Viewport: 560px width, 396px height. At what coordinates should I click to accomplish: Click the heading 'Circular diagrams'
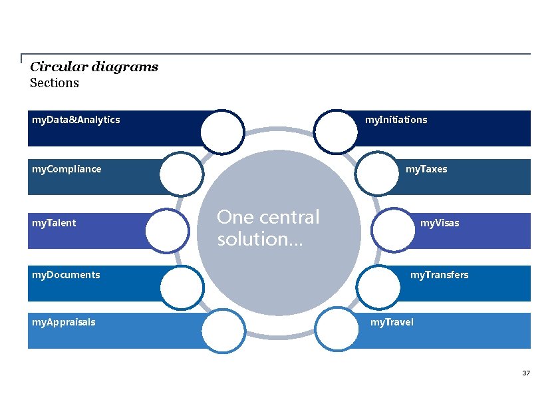click(94, 67)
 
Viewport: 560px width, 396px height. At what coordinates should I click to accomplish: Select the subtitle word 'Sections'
click(55, 83)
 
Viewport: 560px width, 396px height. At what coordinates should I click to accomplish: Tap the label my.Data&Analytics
click(76, 120)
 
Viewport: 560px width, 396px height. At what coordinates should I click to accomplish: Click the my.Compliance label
click(67, 169)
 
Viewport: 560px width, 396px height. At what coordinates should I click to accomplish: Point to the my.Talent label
click(54, 223)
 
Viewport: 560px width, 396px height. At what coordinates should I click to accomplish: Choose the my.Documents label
click(66, 275)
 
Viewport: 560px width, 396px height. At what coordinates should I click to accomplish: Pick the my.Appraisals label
click(63, 322)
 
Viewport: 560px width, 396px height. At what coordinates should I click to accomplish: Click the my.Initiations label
click(396, 120)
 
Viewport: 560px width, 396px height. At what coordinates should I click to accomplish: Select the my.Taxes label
click(426, 169)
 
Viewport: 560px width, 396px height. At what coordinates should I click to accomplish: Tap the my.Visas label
click(439, 223)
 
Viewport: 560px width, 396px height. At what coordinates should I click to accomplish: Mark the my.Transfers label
click(439, 275)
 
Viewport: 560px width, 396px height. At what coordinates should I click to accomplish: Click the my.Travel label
click(392, 322)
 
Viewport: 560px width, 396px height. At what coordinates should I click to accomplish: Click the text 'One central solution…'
click(268, 228)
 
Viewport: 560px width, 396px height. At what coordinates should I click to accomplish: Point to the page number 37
click(526, 373)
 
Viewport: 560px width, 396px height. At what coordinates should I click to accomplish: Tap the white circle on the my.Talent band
click(167, 230)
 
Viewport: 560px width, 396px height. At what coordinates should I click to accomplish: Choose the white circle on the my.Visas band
click(393, 230)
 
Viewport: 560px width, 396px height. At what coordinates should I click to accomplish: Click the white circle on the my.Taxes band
click(377, 174)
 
